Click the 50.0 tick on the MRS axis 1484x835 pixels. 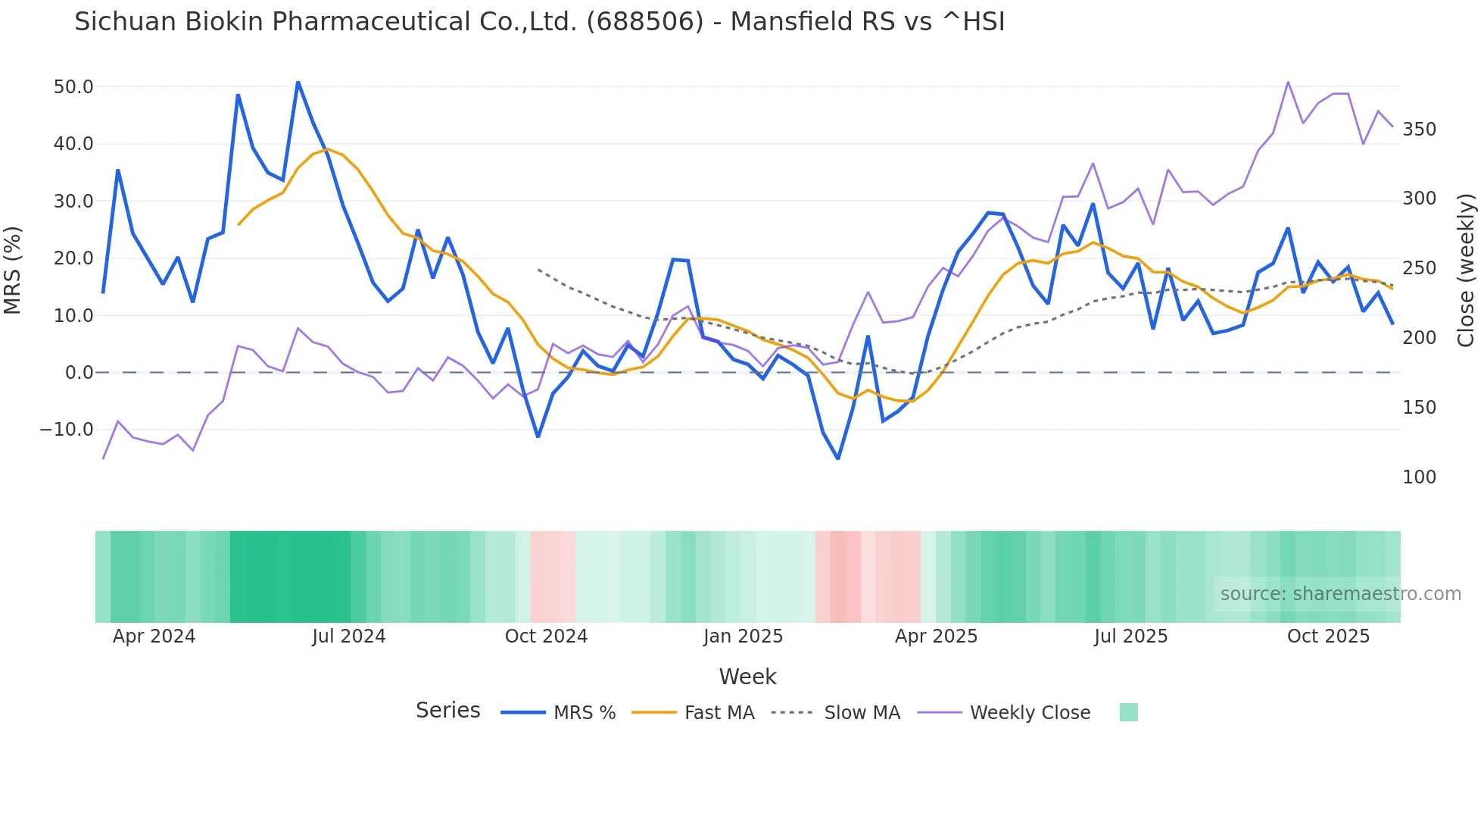click(x=73, y=87)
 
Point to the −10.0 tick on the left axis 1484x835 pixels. click(x=67, y=430)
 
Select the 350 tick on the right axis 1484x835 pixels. click(x=1419, y=130)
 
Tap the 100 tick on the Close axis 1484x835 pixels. click(x=1419, y=477)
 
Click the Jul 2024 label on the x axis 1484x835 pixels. click(x=348, y=636)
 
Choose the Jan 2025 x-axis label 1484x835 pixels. click(x=743, y=636)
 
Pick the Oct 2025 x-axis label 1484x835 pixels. click(x=1328, y=636)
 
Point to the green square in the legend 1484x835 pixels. click(x=1128, y=712)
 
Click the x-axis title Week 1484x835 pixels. click(x=747, y=677)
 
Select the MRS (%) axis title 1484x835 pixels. click(x=13, y=271)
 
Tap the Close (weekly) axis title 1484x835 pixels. click(x=1466, y=271)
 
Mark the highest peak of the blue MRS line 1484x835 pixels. click(x=298, y=82)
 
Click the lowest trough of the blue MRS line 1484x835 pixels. click(x=838, y=458)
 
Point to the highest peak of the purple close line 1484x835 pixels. click(x=1288, y=82)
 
